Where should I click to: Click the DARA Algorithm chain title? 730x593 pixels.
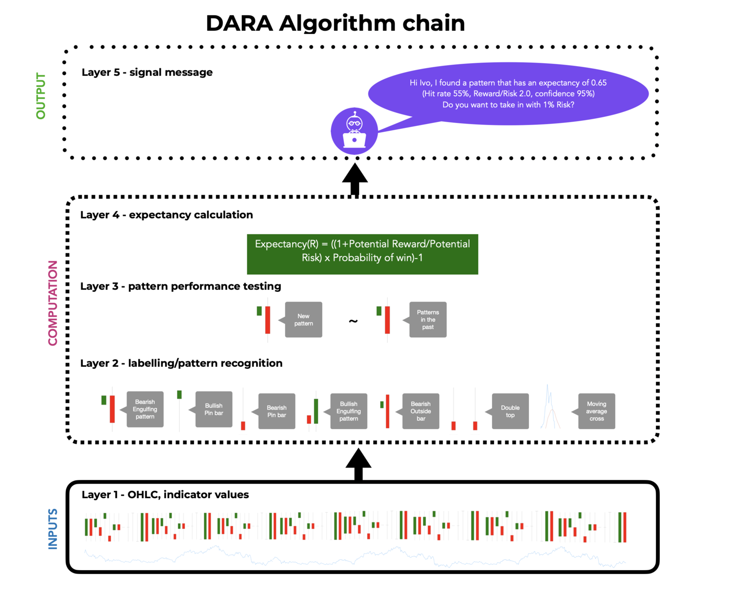[x=335, y=23]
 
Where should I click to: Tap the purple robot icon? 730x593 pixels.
[x=354, y=131]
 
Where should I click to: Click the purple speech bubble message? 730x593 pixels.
[x=508, y=93]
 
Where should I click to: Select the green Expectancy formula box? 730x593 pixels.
[x=362, y=254]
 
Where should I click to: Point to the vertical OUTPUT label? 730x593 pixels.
[x=40, y=96]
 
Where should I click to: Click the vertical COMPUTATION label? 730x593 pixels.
[x=53, y=303]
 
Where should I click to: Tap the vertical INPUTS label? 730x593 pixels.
[x=53, y=529]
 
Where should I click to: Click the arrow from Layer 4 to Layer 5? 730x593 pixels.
[x=355, y=179]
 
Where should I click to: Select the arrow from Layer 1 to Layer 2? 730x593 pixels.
[x=358, y=464]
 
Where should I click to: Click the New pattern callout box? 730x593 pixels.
[x=303, y=320]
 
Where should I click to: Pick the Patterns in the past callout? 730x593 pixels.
[x=428, y=320]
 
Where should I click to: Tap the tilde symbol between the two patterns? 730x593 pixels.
[x=353, y=321]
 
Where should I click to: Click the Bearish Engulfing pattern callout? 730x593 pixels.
[x=145, y=409]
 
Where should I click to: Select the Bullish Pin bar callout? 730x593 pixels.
[x=214, y=409]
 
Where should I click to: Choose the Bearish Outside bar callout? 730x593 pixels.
[x=420, y=411]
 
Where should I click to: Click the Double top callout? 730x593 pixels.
[x=510, y=411]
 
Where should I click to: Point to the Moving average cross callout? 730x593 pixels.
[x=596, y=411]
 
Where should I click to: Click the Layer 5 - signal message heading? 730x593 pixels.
[x=147, y=72]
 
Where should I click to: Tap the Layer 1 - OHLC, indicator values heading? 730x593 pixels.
[x=165, y=495]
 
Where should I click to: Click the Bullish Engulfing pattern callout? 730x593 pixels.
[x=348, y=411]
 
